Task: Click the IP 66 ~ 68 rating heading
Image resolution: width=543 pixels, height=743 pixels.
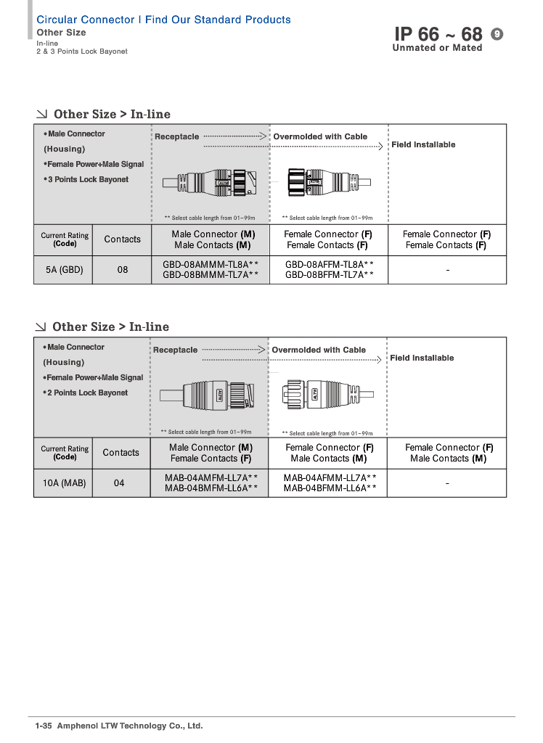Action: (x=438, y=34)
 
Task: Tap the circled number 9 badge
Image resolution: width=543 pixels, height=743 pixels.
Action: (x=497, y=34)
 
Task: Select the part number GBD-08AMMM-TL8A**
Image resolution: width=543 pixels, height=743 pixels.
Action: (x=211, y=265)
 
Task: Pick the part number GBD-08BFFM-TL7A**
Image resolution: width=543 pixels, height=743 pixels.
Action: (x=330, y=275)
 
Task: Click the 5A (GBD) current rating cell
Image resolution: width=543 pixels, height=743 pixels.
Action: (x=65, y=270)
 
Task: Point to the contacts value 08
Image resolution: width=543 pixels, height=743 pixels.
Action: (x=123, y=270)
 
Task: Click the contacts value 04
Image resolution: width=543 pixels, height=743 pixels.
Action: (x=119, y=483)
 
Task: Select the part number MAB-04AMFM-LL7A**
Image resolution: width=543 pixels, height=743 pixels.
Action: (x=211, y=478)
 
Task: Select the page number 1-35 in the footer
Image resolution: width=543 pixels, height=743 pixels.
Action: (x=44, y=726)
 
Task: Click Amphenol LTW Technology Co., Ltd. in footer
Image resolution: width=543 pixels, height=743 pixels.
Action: (x=130, y=726)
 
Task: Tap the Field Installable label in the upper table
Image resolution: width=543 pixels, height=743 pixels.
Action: (x=423, y=145)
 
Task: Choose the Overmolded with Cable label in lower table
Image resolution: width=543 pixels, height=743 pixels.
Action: (x=319, y=350)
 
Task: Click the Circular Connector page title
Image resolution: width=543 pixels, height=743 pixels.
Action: (x=163, y=20)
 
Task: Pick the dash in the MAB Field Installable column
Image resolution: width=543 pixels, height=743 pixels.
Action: (x=447, y=483)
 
